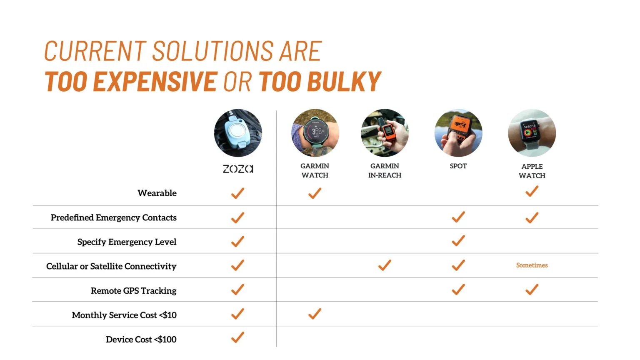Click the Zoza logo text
coord(238,169)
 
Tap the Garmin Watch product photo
coord(315,133)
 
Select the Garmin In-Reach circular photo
coord(385,133)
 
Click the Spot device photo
coord(458,133)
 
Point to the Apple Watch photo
coord(532,133)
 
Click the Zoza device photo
coord(238,133)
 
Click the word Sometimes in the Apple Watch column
coord(532,265)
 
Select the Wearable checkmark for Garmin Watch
coord(315,193)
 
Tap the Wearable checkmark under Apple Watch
coord(532,191)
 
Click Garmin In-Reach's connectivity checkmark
coord(385,265)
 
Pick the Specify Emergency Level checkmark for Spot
coord(458,241)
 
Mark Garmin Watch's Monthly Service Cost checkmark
coord(315,314)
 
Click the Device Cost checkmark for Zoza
coord(237,337)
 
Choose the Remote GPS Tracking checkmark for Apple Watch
coord(532,290)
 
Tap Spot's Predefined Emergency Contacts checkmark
coord(458,217)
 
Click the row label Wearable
coord(157,193)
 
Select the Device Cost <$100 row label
coord(141,340)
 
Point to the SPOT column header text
coord(458,166)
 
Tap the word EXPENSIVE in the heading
coord(155,82)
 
